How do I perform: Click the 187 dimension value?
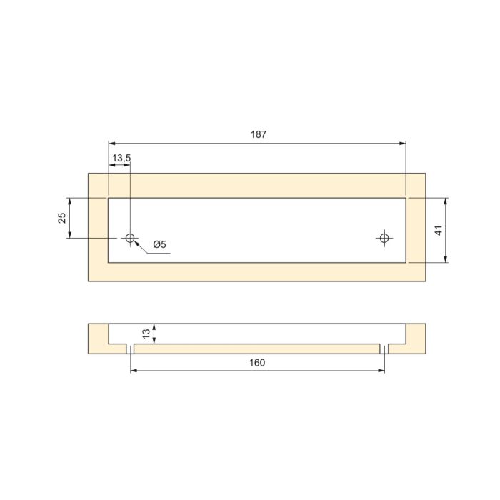coord(259,134)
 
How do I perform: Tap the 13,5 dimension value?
coord(121,158)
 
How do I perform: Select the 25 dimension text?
coord(62,218)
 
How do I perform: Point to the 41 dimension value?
coord(439,230)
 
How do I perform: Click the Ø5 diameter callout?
coord(159,245)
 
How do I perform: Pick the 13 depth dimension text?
coord(146,334)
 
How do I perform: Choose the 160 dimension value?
coord(257,363)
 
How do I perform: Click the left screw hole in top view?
coord(131,238)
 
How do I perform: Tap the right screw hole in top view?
coord(385,238)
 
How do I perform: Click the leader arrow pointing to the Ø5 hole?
coord(136,242)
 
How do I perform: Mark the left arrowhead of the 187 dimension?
coord(111,144)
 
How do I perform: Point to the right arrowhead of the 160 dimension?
coord(381,371)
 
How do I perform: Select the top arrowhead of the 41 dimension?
coord(446,201)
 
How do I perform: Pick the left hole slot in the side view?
coord(131,349)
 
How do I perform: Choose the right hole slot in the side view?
coord(385,349)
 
